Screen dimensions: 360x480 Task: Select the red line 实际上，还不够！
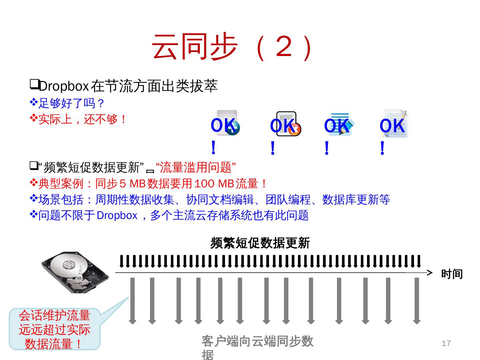coord(82,119)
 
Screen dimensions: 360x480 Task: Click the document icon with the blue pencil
coord(340,124)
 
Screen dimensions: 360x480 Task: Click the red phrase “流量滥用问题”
coord(196,167)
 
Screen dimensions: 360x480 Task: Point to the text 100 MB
coord(214,184)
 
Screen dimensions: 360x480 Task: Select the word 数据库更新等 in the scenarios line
coord(356,200)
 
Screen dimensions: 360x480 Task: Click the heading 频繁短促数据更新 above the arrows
coord(260,243)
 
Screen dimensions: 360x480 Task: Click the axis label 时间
coord(452,274)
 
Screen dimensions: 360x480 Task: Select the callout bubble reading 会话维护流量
coord(55,329)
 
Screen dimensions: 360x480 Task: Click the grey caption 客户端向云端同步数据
coord(257,342)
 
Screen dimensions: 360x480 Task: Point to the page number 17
coord(446,343)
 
